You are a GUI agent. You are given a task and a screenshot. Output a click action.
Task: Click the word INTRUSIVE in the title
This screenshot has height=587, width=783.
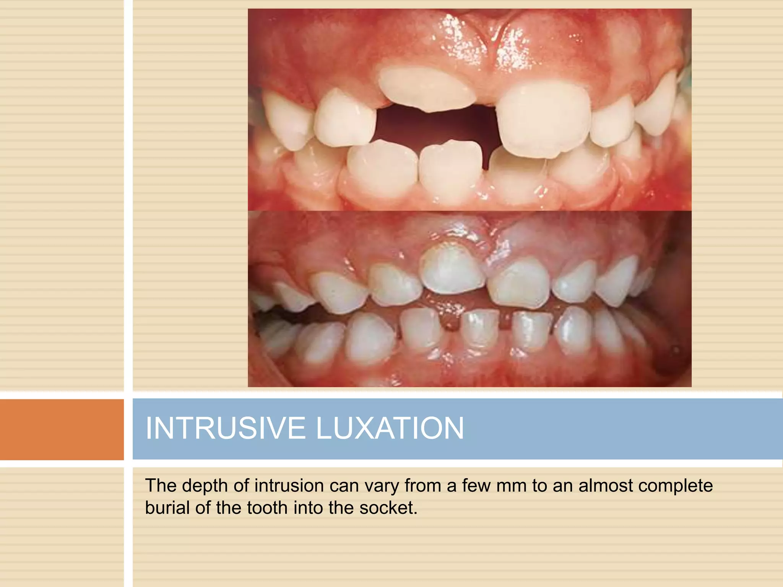[225, 428]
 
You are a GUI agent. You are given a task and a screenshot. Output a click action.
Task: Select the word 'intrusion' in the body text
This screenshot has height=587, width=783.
[289, 486]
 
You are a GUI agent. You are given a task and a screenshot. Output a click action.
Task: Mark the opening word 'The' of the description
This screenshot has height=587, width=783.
[160, 486]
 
